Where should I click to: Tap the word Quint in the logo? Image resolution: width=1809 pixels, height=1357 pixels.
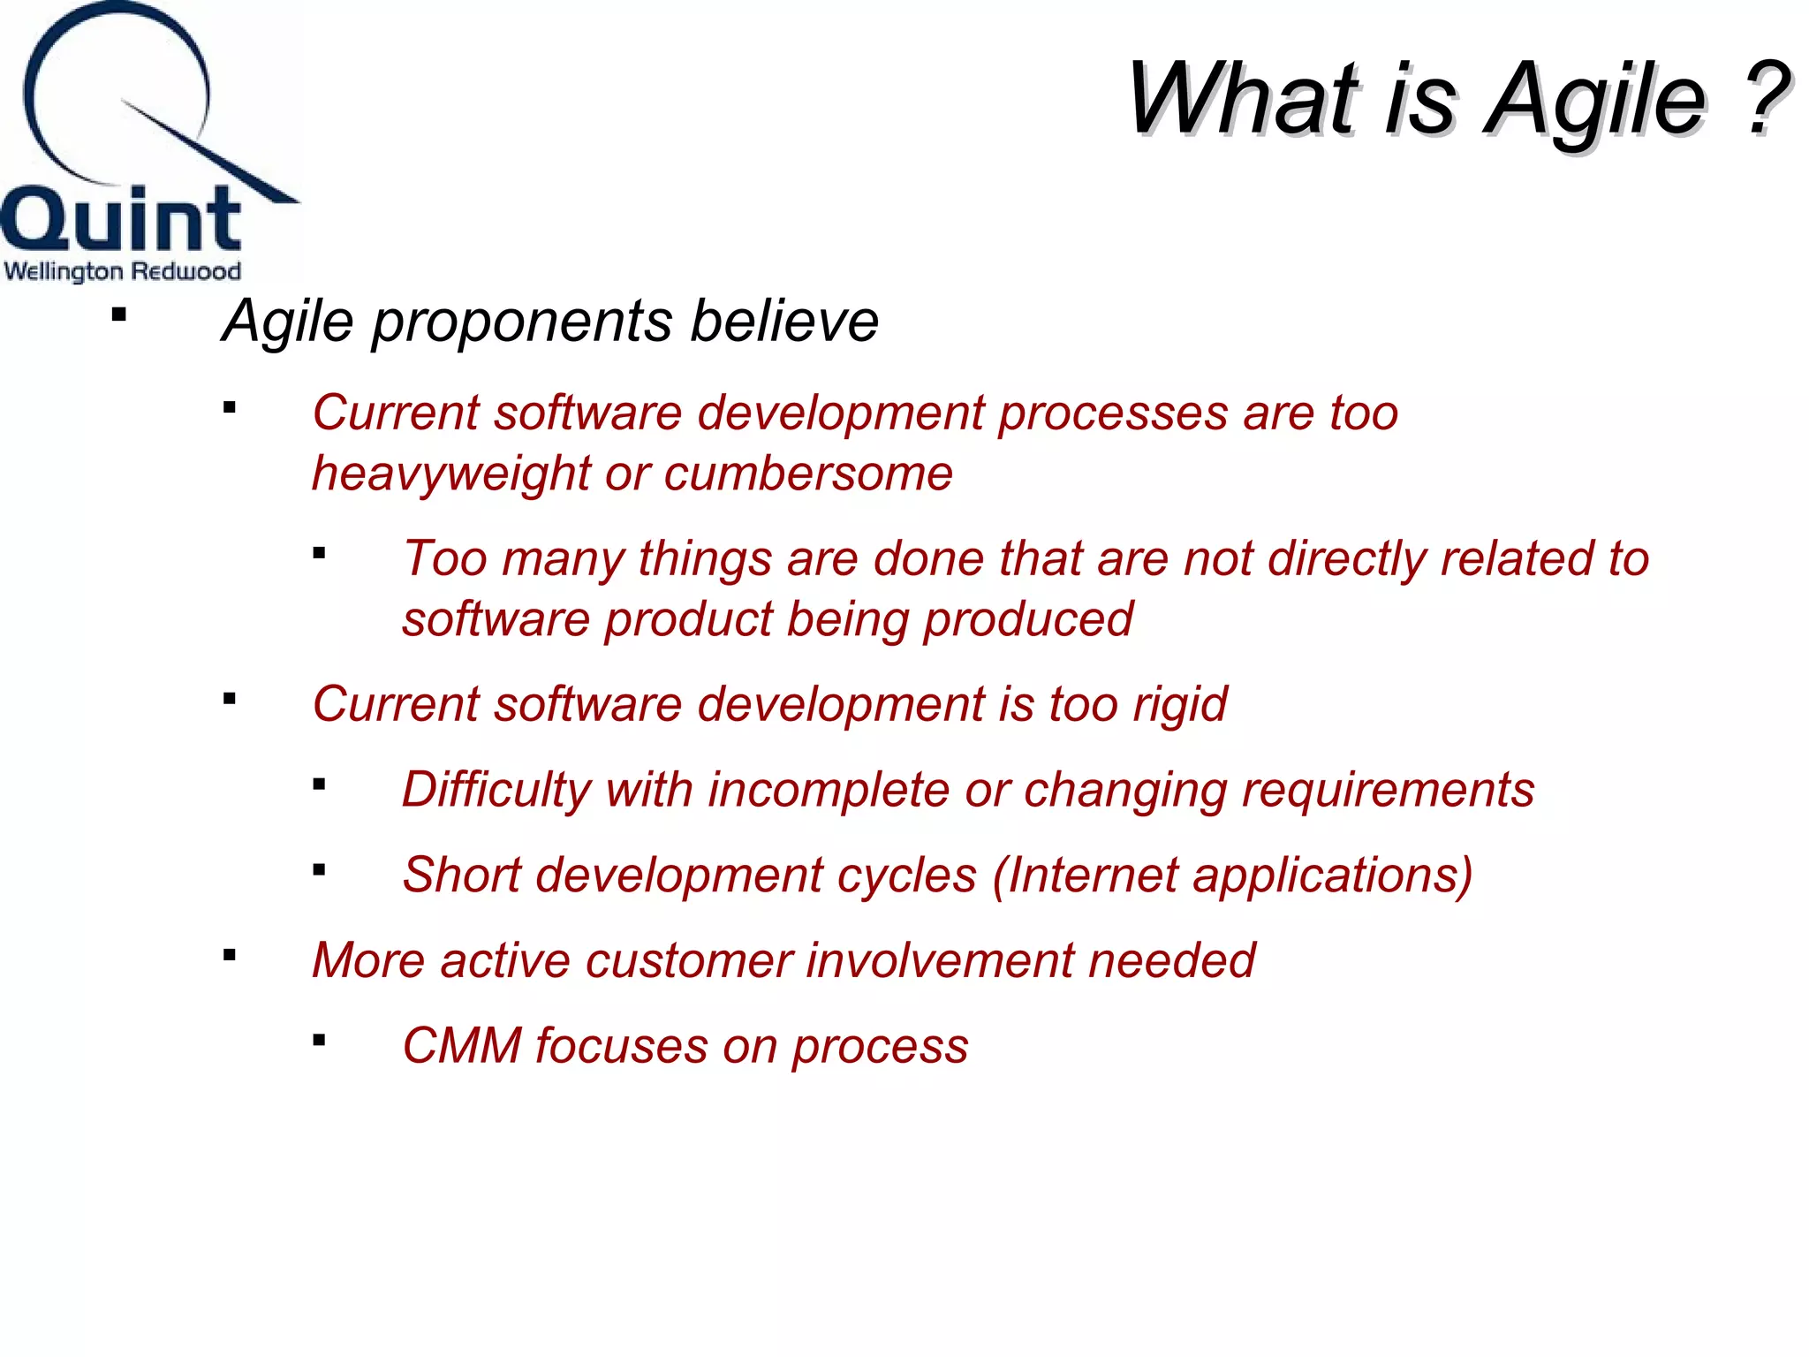pyautogui.click(x=121, y=219)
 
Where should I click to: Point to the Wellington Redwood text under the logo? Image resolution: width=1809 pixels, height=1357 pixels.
pyautogui.click(x=123, y=270)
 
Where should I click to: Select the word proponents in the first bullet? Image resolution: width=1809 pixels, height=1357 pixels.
pyautogui.click(x=521, y=322)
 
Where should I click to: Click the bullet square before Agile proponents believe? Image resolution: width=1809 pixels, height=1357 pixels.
pyautogui.click(x=119, y=315)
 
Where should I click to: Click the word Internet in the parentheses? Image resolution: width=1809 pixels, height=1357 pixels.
pyautogui.click(x=1092, y=876)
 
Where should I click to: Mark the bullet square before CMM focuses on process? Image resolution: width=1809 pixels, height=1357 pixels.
pyautogui.click(x=320, y=1041)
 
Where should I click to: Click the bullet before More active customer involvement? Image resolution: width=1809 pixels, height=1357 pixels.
pyautogui.click(x=230, y=955)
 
